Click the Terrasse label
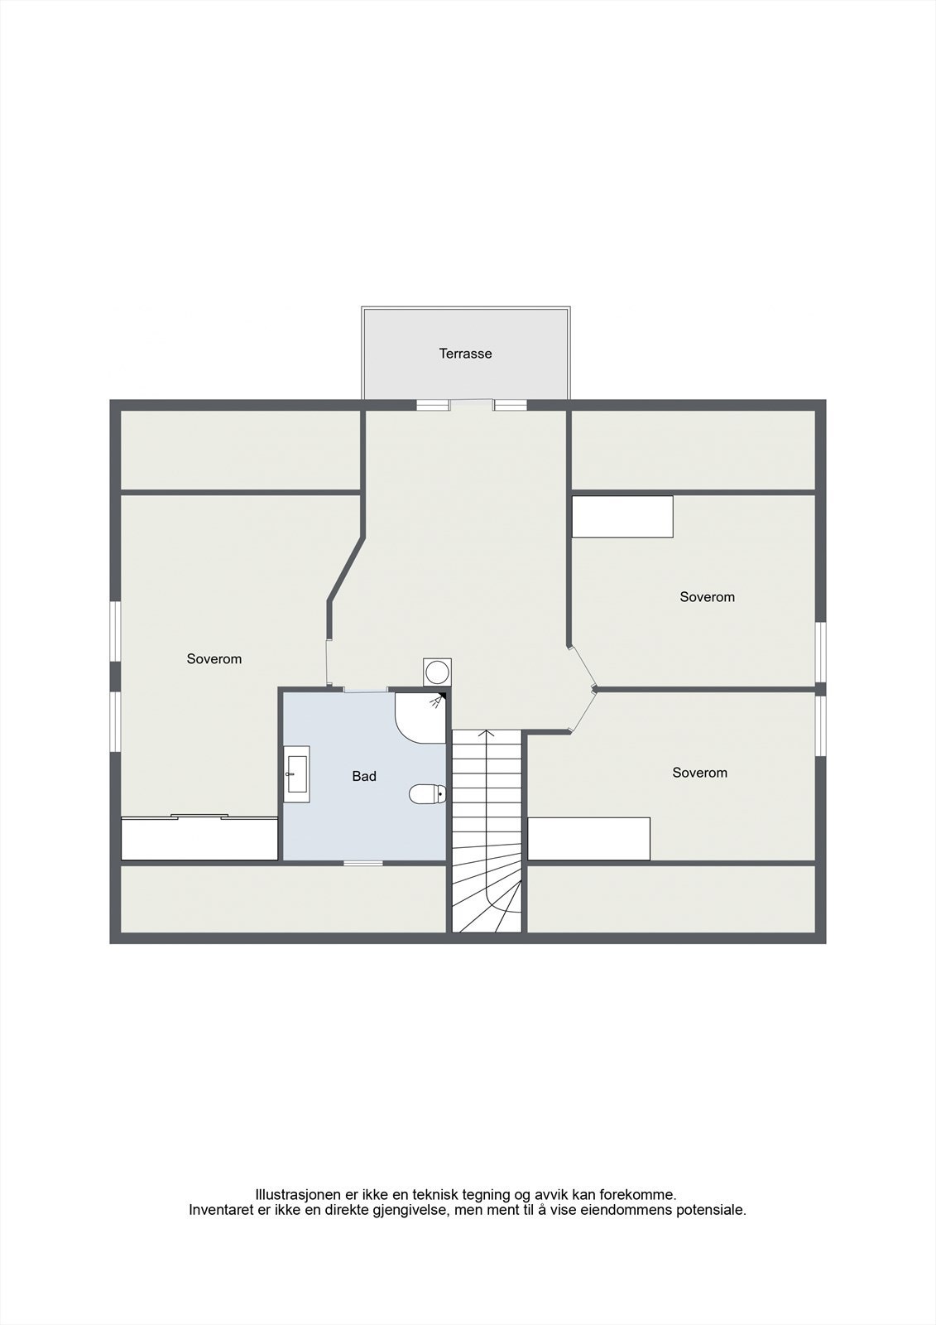point(465,354)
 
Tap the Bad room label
point(364,776)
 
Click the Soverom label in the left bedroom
point(214,659)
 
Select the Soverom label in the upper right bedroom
point(707,597)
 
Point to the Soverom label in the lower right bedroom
point(699,773)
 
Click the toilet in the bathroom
point(427,794)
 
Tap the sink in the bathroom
point(296,774)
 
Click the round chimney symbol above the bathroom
point(437,672)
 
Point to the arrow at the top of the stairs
point(487,734)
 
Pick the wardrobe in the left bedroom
point(199,839)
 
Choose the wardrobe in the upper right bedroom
point(622,517)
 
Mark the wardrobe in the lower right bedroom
point(588,839)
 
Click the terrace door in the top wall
point(472,405)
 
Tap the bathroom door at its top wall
point(366,689)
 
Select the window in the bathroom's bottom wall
point(363,863)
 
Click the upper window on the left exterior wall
point(116,631)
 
